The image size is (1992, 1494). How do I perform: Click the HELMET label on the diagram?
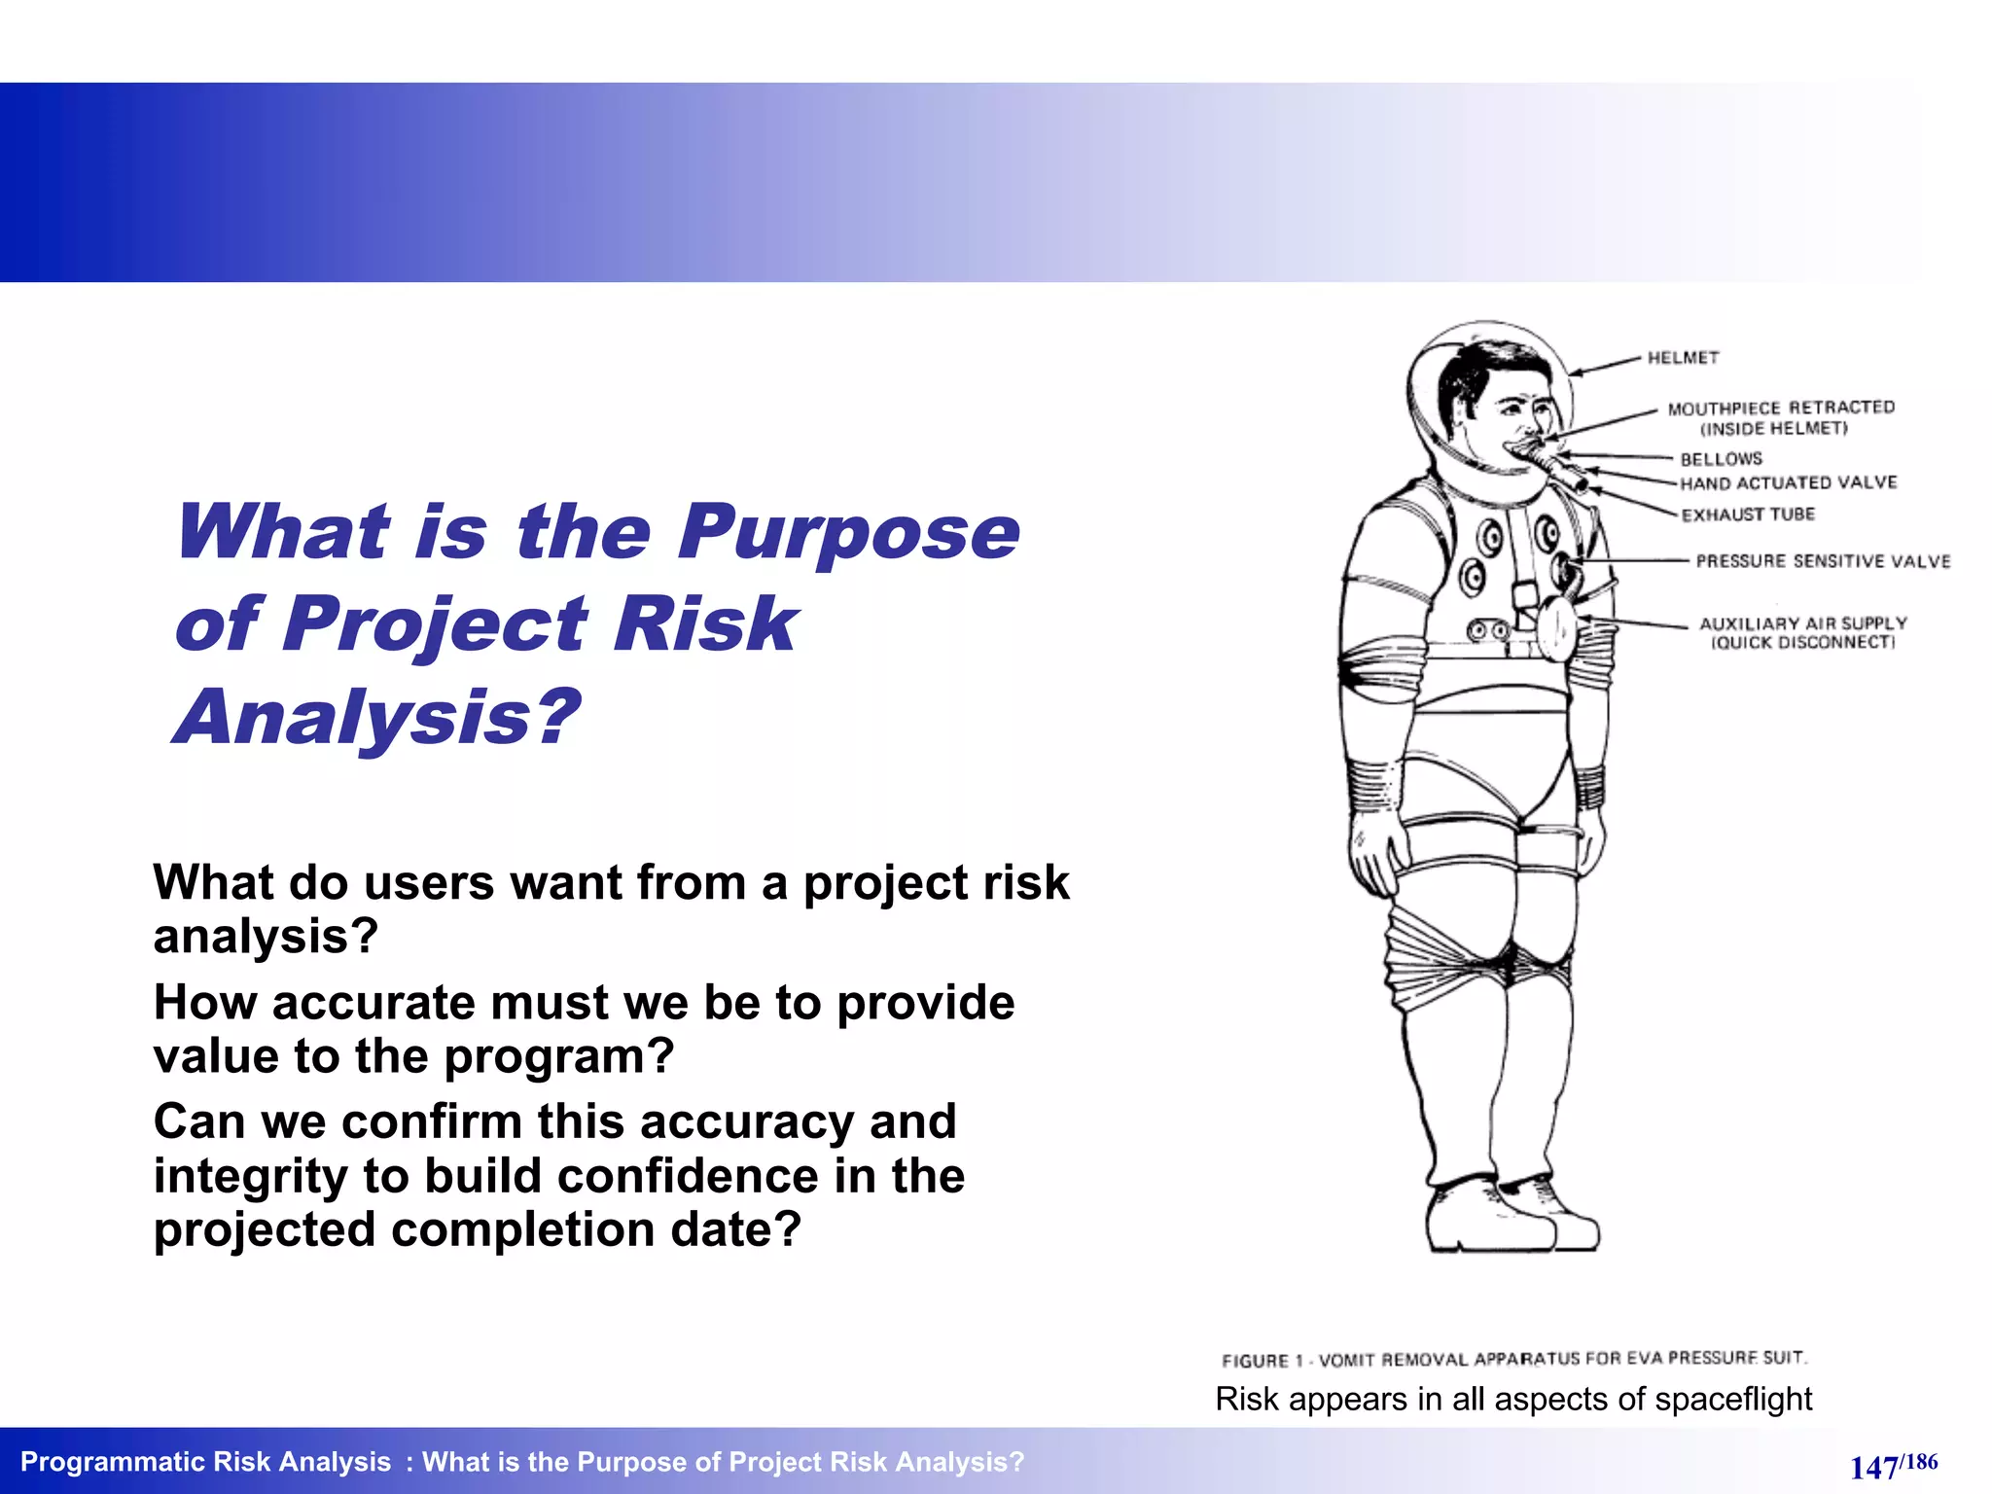click(1683, 358)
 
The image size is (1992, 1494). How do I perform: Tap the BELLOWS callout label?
click(1721, 459)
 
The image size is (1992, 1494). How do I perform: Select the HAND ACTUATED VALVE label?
click(1789, 483)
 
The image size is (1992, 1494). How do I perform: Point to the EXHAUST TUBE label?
click(1748, 515)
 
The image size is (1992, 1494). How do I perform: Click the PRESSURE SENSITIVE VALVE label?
click(1823, 561)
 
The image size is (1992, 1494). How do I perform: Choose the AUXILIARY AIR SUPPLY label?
click(1802, 623)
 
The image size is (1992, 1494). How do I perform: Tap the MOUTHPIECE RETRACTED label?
click(1781, 408)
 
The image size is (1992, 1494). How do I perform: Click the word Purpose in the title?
click(848, 532)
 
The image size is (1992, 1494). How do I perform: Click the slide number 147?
click(1873, 1467)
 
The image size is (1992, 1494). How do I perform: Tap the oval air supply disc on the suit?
click(1554, 628)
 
